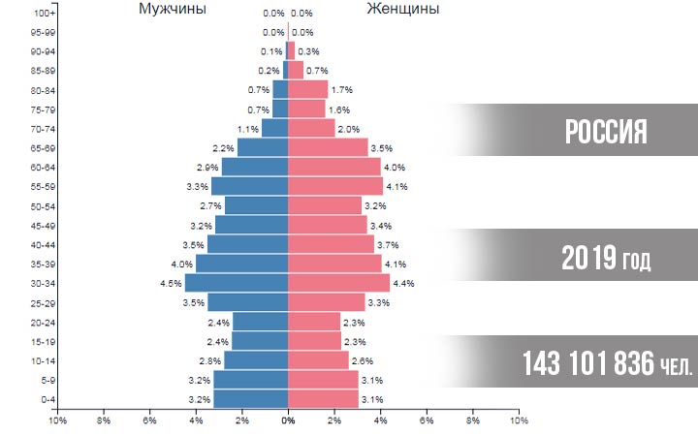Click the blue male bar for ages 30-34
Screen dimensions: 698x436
[237, 283]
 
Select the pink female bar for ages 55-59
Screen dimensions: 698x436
[335, 186]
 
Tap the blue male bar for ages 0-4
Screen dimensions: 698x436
[251, 399]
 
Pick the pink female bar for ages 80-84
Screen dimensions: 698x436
[308, 90]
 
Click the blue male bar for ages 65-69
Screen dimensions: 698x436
[263, 147]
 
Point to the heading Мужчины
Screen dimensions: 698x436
[173, 9]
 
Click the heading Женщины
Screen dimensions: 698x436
[403, 9]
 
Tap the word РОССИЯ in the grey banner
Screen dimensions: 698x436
[606, 132]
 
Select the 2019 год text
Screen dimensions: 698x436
[606, 258]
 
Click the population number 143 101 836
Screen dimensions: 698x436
[588, 363]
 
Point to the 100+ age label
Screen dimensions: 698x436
[45, 14]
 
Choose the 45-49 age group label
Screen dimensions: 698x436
[43, 226]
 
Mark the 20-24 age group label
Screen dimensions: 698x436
[43, 323]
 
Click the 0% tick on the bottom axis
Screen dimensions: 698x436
[288, 420]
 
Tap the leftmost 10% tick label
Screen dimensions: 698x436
[57, 420]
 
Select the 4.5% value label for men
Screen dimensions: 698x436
[171, 283]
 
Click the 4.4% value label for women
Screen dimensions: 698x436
[403, 283]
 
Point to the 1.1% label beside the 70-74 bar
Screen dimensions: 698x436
[248, 129]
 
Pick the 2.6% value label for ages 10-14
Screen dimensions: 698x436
[363, 360]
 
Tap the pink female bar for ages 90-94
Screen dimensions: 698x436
[291, 50]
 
